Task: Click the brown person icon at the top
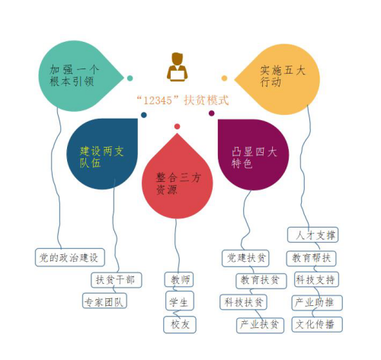click(x=178, y=67)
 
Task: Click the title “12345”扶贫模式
click(x=183, y=100)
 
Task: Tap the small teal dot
click(x=130, y=78)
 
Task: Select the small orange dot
click(x=224, y=78)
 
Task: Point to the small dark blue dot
click(x=144, y=115)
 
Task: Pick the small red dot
click(x=178, y=126)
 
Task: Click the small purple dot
click(x=211, y=113)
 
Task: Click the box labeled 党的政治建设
click(x=70, y=257)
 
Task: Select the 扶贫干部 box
click(x=117, y=280)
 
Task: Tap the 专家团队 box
click(x=104, y=301)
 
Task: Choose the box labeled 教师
click(x=179, y=279)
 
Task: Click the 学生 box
click(x=180, y=301)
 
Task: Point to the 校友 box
click(x=180, y=324)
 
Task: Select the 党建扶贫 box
click(x=245, y=258)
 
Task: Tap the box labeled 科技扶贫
click(x=243, y=302)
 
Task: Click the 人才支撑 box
click(x=313, y=235)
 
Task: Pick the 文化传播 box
click(x=317, y=324)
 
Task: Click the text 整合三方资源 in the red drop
click(x=178, y=183)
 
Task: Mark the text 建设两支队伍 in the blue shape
click(x=101, y=157)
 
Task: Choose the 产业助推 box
click(x=317, y=303)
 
